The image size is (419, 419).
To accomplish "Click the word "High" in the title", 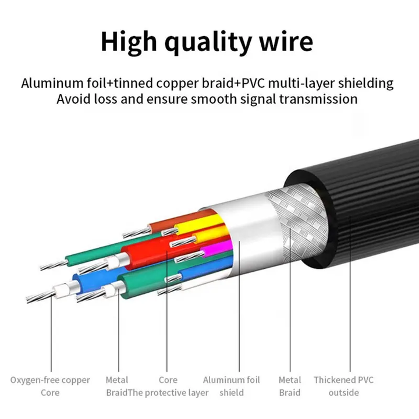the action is (x=129, y=42).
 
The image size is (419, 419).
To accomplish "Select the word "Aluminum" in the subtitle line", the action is (x=52, y=83).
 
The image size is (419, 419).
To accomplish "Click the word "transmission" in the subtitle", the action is (x=318, y=99).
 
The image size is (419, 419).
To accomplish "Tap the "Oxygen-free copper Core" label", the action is (x=50, y=386).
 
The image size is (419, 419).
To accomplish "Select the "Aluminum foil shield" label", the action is (x=232, y=386).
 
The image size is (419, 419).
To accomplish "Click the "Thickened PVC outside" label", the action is (x=344, y=386).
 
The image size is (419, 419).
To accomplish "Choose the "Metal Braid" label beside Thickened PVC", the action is (x=290, y=386).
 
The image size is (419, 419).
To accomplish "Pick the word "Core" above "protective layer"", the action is (x=168, y=379).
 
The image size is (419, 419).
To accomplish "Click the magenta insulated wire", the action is (x=216, y=249).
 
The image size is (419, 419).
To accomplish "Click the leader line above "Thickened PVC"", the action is (x=350, y=293).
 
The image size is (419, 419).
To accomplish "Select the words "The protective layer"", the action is (x=168, y=393).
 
